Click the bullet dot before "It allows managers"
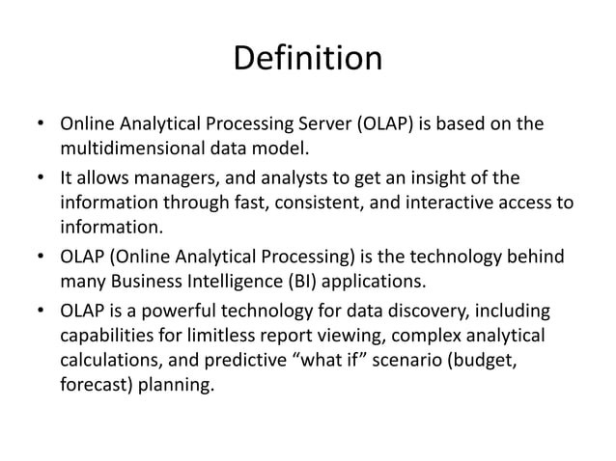42,178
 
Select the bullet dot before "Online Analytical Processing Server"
42,125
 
